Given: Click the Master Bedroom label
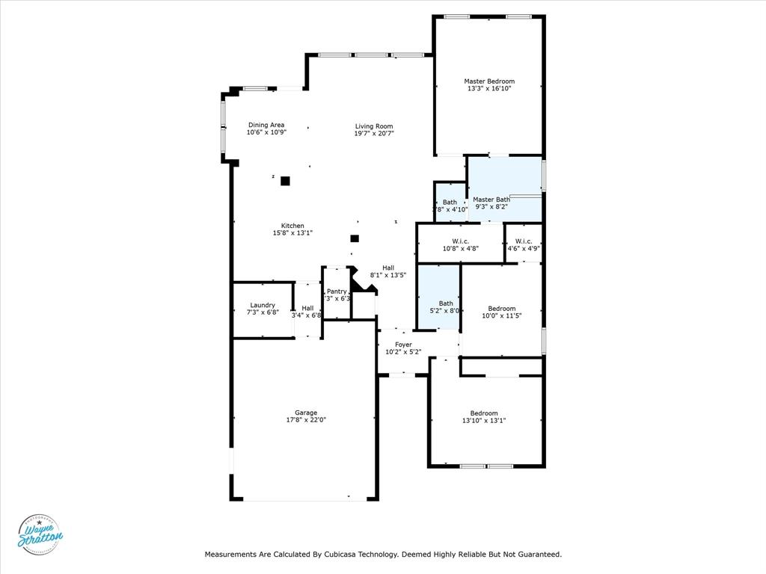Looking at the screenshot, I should (489, 81).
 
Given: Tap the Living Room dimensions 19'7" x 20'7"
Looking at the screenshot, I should (374, 134).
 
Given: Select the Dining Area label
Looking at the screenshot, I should (266, 125).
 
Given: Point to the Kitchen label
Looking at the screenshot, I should (292, 226).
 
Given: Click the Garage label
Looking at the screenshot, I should (306, 413).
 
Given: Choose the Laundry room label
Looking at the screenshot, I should (263, 305).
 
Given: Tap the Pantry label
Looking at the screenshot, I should (337, 291).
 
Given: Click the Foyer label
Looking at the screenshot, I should (403, 345).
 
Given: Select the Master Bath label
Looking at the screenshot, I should (491, 200).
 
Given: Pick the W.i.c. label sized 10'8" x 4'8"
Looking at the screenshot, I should (460, 241).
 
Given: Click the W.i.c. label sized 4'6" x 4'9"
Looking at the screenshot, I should (524, 241).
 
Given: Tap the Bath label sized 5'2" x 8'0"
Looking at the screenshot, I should (446, 303).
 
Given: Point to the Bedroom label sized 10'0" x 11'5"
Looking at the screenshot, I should (502, 309).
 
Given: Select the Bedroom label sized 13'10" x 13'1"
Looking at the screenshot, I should (484, 413).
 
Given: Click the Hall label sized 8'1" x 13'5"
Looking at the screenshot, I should (388, 268).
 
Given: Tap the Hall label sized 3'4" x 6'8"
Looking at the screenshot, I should (307, 308).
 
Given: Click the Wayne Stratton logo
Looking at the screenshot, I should (40, 534).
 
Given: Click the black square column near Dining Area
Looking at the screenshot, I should (285, 180).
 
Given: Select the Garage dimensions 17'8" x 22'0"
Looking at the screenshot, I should (306, 420).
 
